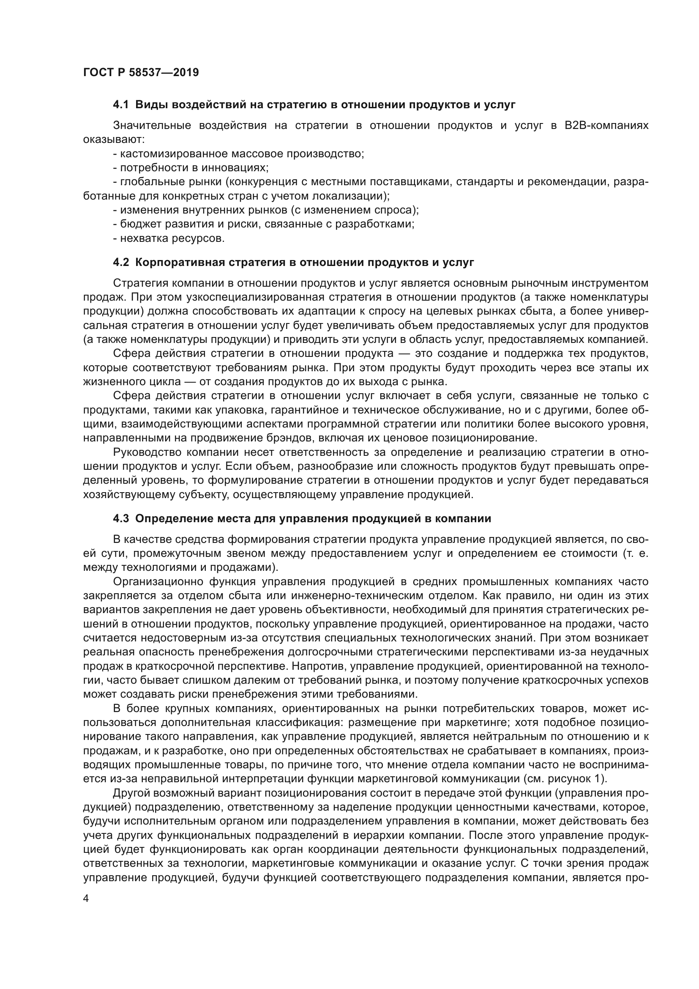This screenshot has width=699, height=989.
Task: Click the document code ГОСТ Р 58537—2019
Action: click(141, 72)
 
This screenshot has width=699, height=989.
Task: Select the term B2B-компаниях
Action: click(606, 125)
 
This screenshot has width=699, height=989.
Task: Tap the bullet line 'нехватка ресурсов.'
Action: click(169, 238)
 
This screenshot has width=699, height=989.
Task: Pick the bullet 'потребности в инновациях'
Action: click(191, 167)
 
